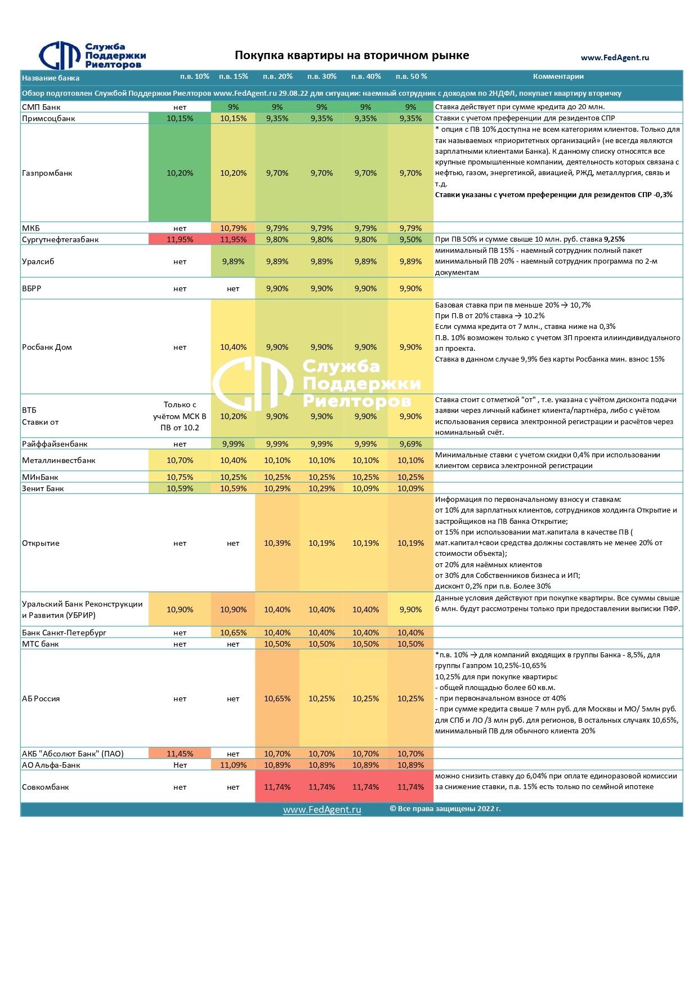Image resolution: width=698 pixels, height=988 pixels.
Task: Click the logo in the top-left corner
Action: pyautogui.click(x=92, y=56)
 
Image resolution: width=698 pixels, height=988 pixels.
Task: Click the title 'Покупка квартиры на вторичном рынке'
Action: pyautogui.click(x=352, y=55)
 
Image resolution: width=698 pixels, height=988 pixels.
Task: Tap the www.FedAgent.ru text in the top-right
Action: pyautogui.click(x=615, y=57)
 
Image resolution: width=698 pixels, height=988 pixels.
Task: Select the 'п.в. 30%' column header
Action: pyautogui.click(x=321, y=77)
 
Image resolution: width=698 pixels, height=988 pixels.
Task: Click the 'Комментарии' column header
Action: pyautogui.click(x=558, y=77)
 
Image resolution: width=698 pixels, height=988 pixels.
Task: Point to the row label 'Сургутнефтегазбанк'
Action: pyautogui.click(x=60, y=239)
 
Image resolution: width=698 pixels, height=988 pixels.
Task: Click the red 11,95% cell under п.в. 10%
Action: pyautogui.click(x=180, y=239)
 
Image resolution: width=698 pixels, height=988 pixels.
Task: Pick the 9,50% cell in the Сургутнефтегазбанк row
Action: pyautogui.click(x=410, y=239)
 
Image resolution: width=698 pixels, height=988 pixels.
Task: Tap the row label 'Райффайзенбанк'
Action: pyautogui.click(x=55, y=444)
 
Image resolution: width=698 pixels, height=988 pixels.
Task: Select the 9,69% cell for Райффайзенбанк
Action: pyautogui.click(x=410, y=444)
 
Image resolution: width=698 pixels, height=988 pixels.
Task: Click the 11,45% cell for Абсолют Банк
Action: pyautogui.click(x=180, y=754)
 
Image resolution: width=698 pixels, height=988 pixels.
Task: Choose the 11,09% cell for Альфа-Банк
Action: pyautogui.click(x=233, y=765)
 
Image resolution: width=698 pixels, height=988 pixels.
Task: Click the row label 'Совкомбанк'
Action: pyautogui.click(x=45, y=787)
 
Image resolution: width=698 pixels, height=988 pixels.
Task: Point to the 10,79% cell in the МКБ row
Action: pyautogui.click(x=233, y=228)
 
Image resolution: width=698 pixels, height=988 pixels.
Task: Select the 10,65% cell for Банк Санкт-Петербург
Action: pyautogui.click(x=233, y=633)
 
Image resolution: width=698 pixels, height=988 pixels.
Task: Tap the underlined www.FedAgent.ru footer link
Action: pyautogui.click(x=322, y=809)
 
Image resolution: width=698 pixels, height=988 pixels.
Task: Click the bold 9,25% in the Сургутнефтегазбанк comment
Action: pyautogui.click(x=614, y=239)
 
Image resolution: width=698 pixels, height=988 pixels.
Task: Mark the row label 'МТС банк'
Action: pyautogui.click(x=41, y=644)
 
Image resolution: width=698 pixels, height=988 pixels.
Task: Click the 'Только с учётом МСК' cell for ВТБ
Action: pyautogui.click(x=180, y=416)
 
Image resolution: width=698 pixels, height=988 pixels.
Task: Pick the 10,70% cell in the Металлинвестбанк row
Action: pyautogui.click(x=180, y=460)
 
